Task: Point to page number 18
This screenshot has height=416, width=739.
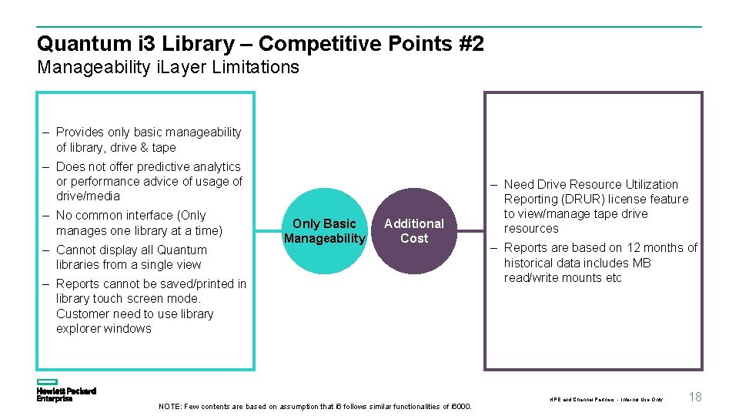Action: click(695, 398)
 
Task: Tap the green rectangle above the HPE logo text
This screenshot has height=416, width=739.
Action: click(48, 382)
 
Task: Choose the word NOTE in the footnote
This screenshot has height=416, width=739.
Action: click(170, 407)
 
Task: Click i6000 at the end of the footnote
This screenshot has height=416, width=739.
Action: click(460, 407)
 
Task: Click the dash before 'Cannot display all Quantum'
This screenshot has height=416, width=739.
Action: click(47, 250)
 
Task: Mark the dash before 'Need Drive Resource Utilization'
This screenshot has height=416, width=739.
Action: click(495, 184)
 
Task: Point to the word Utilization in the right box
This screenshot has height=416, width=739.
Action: click(647, 184)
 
